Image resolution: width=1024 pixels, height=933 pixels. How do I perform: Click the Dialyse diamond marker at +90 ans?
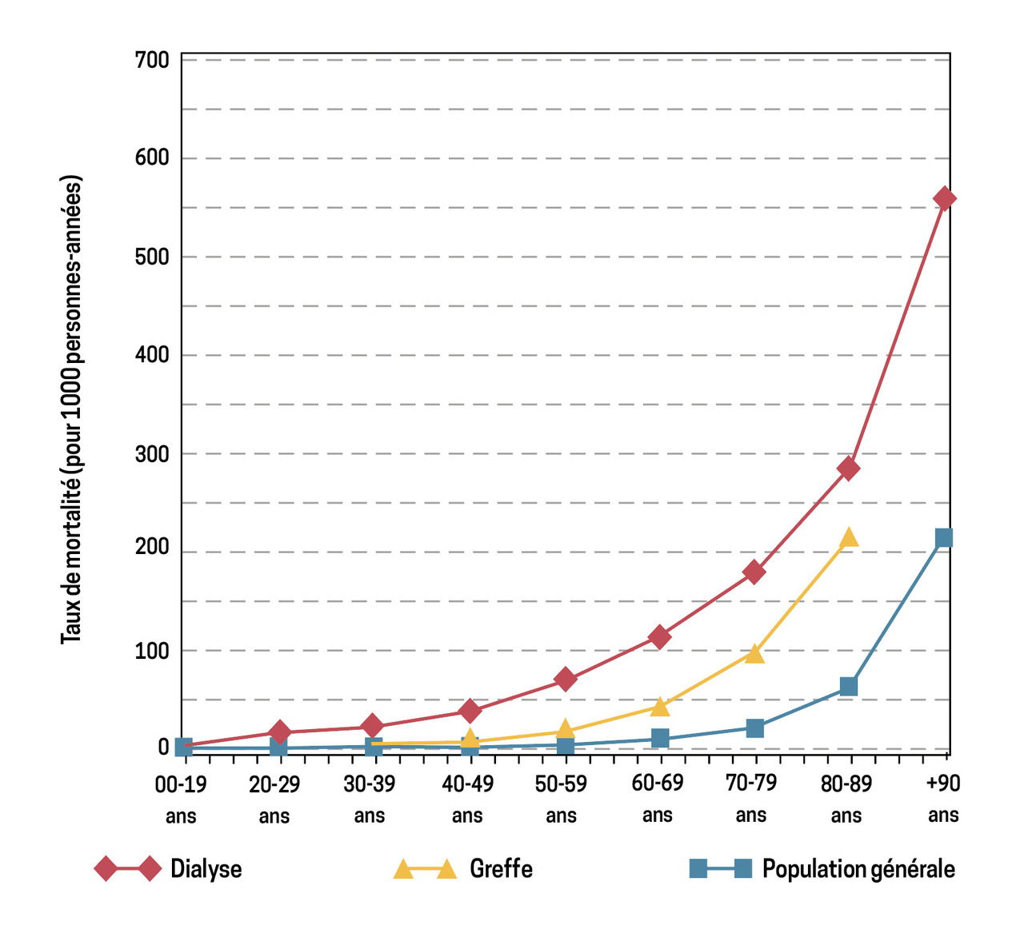[943, 199]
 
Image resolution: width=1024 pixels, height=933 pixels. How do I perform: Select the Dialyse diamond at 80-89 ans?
[849, 468]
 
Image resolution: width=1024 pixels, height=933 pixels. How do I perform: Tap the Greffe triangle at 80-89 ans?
[849, 538]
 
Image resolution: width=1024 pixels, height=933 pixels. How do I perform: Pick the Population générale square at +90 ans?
[943, 538]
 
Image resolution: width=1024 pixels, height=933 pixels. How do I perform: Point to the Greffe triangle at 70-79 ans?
[754, 654]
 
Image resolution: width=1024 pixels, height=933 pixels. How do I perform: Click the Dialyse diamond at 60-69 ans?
[659, 637]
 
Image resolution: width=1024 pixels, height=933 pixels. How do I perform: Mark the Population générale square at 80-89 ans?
[849, 687]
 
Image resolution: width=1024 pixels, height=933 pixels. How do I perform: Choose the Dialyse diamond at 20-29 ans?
[279, 732]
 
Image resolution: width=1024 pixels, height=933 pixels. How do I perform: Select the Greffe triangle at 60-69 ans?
[659, 707]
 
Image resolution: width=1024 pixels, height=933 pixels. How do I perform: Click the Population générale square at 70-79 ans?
[754, 728]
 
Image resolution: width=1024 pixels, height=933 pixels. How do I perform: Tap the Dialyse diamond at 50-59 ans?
[565, 680]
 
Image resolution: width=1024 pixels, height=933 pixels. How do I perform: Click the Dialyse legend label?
[206, 869]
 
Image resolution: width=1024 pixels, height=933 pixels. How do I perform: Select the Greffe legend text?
[501, 869]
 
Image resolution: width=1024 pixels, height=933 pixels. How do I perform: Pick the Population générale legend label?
[858, 869]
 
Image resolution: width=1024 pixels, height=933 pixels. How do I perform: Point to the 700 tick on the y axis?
[152, 60]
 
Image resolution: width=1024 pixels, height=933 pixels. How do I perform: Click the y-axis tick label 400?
[152, 355]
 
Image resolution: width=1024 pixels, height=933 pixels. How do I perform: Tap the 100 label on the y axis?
[152, 651]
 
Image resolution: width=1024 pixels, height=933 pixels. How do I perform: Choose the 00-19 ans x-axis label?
[181, 799]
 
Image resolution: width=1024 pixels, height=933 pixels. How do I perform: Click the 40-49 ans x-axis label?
[468, 799]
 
